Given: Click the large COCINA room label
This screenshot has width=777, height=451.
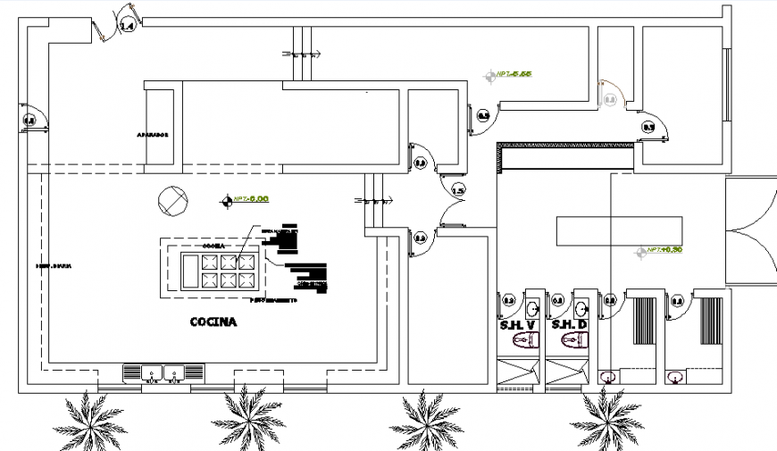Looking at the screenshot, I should click(x=213, y=322).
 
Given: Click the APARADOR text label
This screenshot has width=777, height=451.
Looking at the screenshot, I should click(x=153, y=135).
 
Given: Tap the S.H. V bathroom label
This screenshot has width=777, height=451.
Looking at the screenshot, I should click(x=519, y=324).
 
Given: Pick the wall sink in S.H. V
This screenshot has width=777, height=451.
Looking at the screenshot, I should click(x=533, y=308).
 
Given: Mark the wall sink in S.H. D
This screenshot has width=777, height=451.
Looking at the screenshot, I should click(x=582, y=308).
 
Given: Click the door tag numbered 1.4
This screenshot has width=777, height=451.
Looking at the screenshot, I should click(x=126, y=27).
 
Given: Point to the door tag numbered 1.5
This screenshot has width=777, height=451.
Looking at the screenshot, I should click(x=458, y=189).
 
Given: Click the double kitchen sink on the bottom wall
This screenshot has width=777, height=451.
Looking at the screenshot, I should click(x=163, y=372).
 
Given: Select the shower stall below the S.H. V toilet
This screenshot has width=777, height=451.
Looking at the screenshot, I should click(x=518, y=372).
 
